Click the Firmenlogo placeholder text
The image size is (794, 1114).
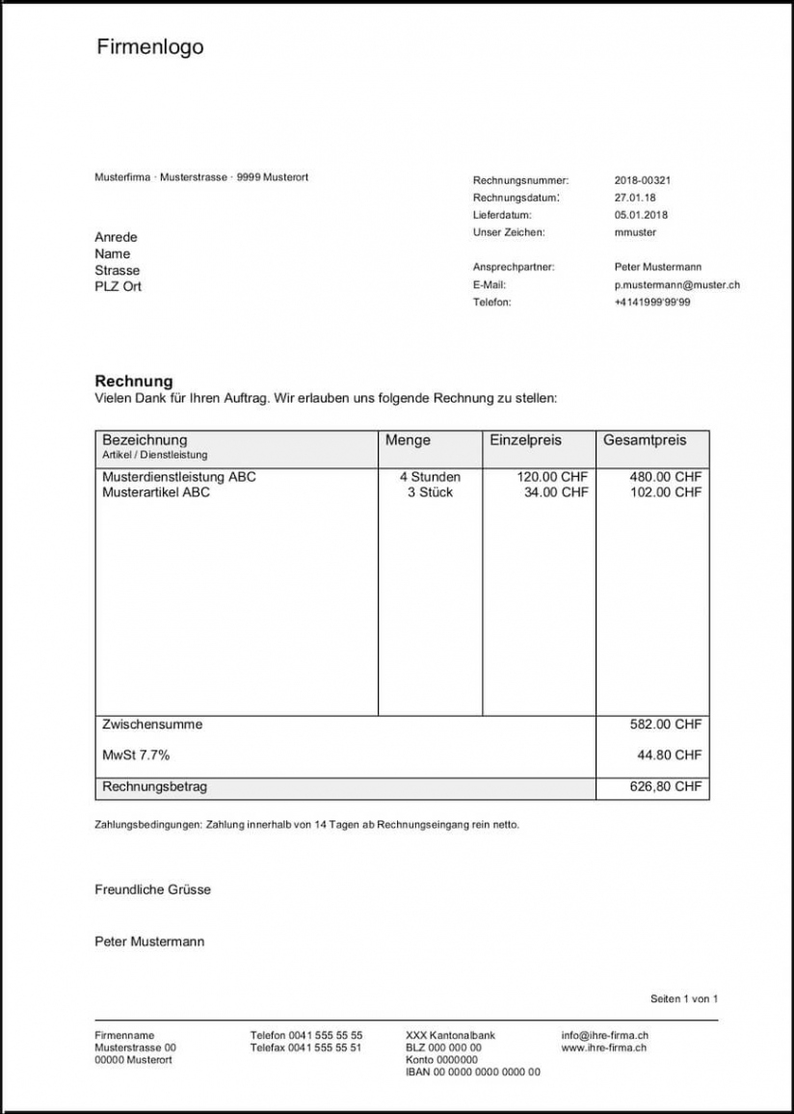(149, 46)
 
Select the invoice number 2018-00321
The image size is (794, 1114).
(642, 180)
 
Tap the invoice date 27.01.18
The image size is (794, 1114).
(635, 198)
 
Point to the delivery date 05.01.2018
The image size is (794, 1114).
(641, 215)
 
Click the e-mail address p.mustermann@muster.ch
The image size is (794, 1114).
(676, 284)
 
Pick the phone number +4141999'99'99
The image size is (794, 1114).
(651, 302)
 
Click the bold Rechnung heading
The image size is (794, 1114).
(134, 381)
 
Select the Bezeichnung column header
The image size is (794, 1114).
(145, 440)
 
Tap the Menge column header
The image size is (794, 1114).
(408, 440)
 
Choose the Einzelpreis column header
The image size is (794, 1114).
(525, 440)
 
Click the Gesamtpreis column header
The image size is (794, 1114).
(645, 440)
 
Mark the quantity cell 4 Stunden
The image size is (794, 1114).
(430, 476)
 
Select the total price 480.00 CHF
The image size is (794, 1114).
(666, 476)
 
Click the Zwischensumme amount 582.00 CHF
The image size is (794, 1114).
(666, 724)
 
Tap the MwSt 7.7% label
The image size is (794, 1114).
(136, 755)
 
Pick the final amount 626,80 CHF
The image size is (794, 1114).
(666, 786)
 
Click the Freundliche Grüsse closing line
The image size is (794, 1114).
(152, 889)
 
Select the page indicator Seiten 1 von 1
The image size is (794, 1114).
(684, 998)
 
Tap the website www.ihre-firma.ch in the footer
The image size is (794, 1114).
(603, 1047)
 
